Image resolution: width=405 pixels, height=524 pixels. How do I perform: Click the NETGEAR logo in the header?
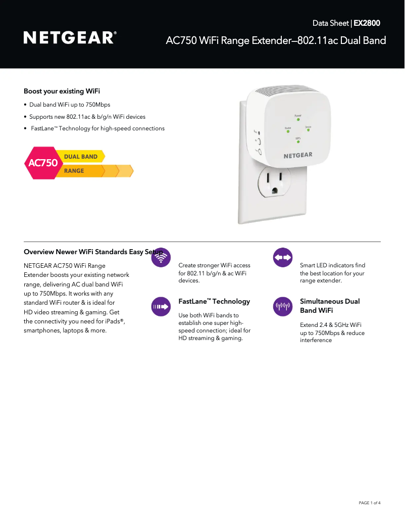point(70,38)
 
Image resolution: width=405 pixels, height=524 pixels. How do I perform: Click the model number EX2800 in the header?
point(367,23)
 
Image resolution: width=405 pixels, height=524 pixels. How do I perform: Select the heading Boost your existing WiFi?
point(62,91)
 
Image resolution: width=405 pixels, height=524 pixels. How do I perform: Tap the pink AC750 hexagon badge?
point(42,163)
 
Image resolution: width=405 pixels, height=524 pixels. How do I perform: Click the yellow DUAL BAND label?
point(81,157)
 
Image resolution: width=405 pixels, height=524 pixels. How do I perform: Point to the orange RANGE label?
point(74,171)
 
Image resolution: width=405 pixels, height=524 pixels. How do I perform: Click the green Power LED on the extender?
point(298,120)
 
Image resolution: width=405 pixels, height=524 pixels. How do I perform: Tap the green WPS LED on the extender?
point(298,141)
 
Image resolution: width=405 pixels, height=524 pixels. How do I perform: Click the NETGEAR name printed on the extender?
point(297,156)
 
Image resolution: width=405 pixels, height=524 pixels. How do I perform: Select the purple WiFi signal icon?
point(161,258)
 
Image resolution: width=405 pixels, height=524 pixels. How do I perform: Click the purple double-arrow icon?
point(282,258)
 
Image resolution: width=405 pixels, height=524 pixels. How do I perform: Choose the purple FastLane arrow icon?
point(161,306)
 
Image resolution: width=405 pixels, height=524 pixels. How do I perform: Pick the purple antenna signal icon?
point(282,306)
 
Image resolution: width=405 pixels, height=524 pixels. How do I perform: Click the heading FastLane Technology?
point(214,302)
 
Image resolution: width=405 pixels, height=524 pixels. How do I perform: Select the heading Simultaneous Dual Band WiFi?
point(330,306)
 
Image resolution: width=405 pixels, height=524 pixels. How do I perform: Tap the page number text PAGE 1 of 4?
point(369,503)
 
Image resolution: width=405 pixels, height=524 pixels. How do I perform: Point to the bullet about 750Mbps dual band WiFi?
point(70,105)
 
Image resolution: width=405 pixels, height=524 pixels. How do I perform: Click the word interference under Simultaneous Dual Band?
point(316,341)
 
